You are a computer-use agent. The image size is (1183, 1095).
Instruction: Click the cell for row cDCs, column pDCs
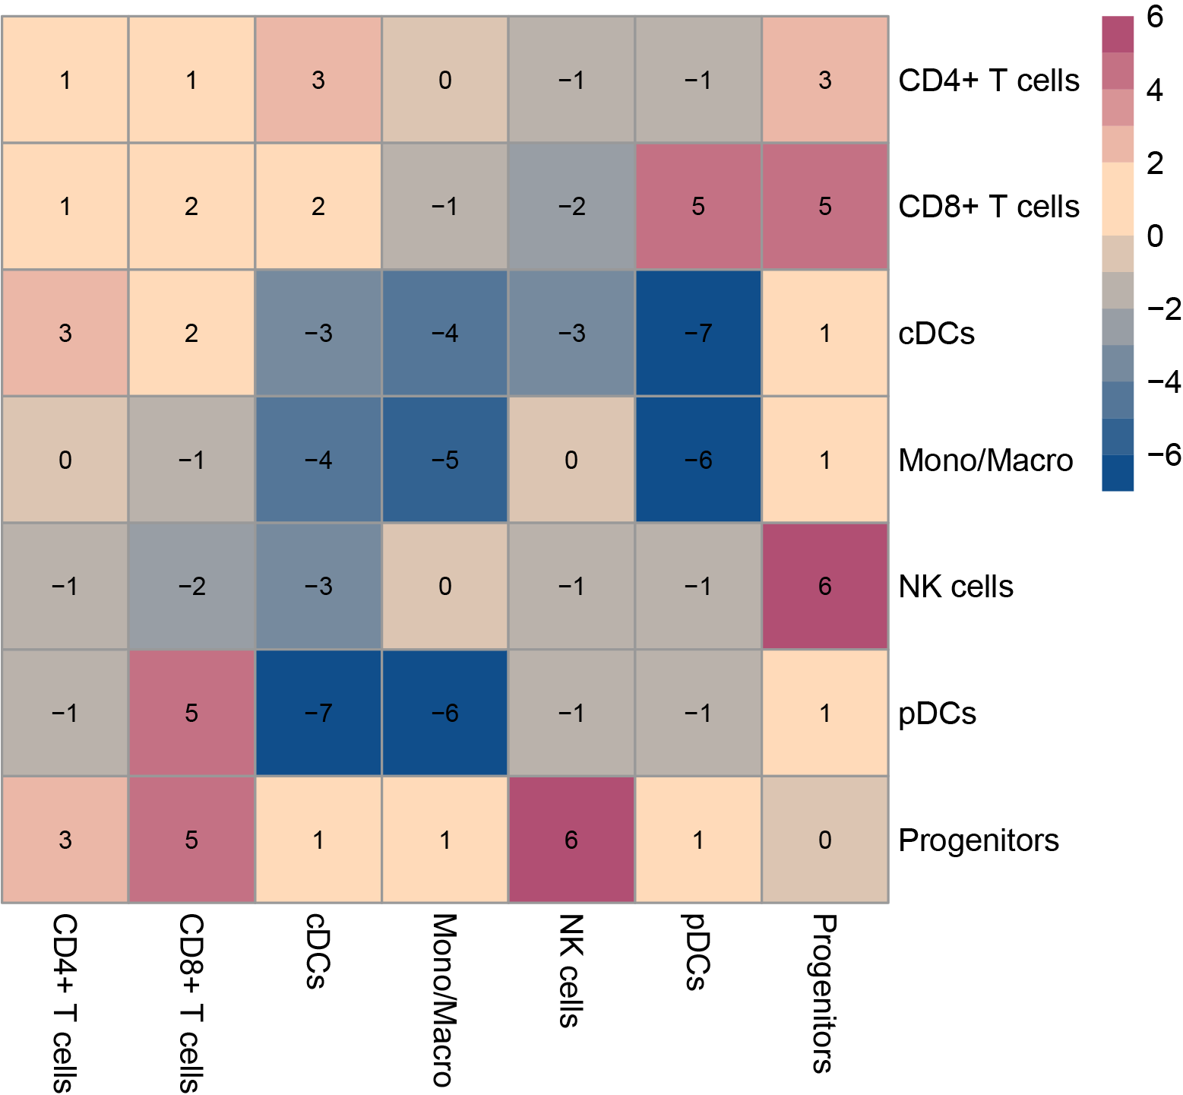(698, 333)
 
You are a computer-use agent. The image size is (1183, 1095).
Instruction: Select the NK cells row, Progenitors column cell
(825, 586)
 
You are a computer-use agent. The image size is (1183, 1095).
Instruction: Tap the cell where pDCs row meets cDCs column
(318, 713)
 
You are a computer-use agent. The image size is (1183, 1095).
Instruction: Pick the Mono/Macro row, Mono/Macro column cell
(445, 460)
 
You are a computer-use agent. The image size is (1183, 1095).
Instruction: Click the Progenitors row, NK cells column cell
(571, 840)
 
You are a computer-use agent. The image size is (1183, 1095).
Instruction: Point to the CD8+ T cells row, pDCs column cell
(698, 206)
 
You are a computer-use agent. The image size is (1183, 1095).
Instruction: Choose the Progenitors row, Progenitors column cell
(825, 840)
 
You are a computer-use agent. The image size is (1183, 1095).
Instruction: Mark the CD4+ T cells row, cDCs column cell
(318, 80)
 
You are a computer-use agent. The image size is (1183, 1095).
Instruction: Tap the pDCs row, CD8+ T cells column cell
(191, 713)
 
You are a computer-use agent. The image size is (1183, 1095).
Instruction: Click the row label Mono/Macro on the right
(985, 460)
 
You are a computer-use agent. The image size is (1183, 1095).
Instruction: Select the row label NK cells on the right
(956, 587)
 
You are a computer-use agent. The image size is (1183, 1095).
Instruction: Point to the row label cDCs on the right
(936, 334)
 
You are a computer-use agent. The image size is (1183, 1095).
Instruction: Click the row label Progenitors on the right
(979, 840)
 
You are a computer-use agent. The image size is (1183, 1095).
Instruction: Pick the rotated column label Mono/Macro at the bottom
(444, 1000)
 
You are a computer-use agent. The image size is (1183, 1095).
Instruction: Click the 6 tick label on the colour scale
(1155, 17)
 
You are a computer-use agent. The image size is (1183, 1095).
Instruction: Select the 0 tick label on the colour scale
(1155, 236)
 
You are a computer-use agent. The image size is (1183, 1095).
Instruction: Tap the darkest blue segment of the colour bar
(1118, 473)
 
